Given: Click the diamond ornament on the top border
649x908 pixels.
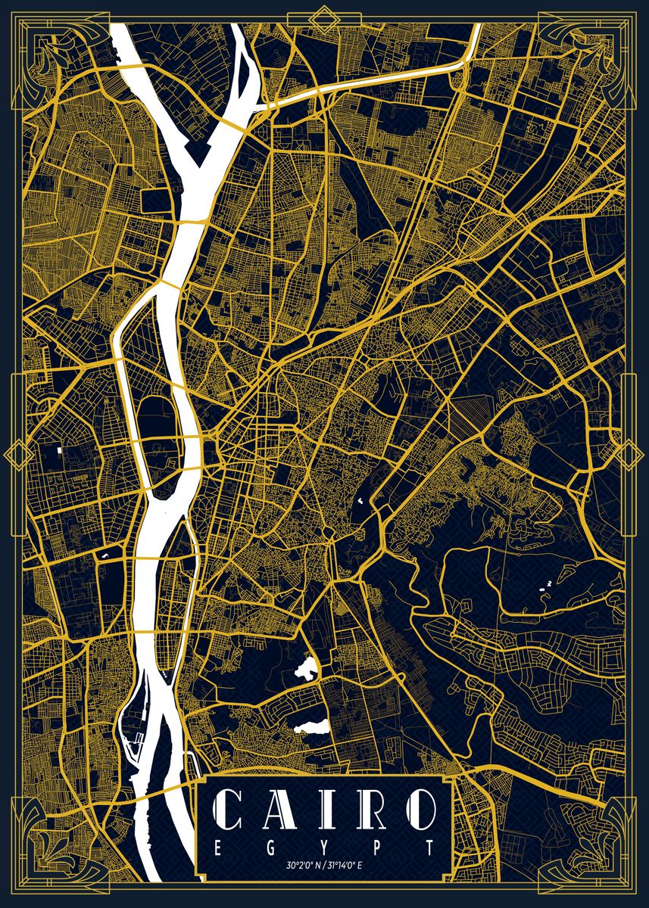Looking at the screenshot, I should coord(324,13).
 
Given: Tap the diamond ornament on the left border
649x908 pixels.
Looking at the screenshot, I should coord(15,455).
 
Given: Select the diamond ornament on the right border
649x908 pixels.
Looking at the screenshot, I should coord(633,455).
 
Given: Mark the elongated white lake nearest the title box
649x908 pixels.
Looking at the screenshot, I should coord(310,727).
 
